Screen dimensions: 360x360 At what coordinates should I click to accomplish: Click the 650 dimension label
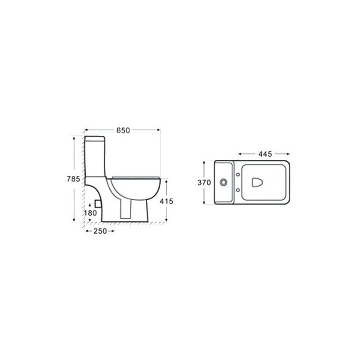pyautogui.click(x=123, y=130)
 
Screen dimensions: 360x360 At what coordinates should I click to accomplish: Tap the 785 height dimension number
pyautogui.click(x=73, y=179)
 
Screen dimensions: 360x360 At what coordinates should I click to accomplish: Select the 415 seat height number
pyautogui.click(x=166, y=201)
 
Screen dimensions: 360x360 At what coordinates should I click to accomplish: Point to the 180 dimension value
pyautogui.click(x=90, y=213)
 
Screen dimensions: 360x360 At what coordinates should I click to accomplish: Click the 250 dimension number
pyautogui.click(x=100, y=231)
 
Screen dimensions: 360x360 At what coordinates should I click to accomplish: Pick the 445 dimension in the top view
pyautogui.click(x=265, y=154)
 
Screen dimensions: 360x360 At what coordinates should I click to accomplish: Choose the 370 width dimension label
pyautogui.click(x=204, y=183)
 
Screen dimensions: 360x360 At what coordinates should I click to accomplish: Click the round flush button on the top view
pyautogui.click(x=223, y=183)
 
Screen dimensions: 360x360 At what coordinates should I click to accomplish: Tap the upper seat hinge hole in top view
pyautogui.click(x=238, y=175)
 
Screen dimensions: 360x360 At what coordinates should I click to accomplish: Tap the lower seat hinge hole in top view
pyautogui.click(x=238, y=190)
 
